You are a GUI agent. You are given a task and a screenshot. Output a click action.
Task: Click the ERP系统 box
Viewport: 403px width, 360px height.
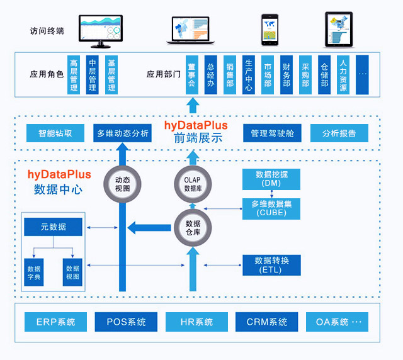click(x=55, y=322)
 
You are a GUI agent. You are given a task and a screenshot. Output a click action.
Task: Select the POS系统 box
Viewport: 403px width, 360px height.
click(x=126, y=322)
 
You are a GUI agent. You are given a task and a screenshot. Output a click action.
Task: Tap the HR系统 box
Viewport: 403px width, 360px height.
click(x=196, y=322)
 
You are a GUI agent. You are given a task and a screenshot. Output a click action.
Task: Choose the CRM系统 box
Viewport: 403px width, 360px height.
click(x=267, y=322)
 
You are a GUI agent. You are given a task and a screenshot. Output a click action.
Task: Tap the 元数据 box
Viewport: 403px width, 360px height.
click(x=54, y=227)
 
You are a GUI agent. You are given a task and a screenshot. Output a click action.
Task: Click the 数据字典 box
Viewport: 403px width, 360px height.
click(x=34, y=273)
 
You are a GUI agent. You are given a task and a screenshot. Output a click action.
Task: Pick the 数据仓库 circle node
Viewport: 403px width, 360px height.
click(x=193, y=227)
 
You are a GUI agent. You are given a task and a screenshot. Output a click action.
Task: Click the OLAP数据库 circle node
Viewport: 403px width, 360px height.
click(x=193, y=183)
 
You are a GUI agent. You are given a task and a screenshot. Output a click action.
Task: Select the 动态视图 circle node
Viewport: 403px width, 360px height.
click(x=122, y=183)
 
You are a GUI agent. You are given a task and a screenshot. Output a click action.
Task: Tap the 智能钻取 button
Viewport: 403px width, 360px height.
click(x=55, y=133)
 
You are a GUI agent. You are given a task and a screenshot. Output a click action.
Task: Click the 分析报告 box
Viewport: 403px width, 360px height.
click(x=339, y=133)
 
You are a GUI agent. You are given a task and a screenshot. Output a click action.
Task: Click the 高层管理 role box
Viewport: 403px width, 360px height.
click(x=74, y=76)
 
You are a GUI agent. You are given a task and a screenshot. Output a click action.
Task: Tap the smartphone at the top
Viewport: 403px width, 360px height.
click(x=270, y=29)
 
